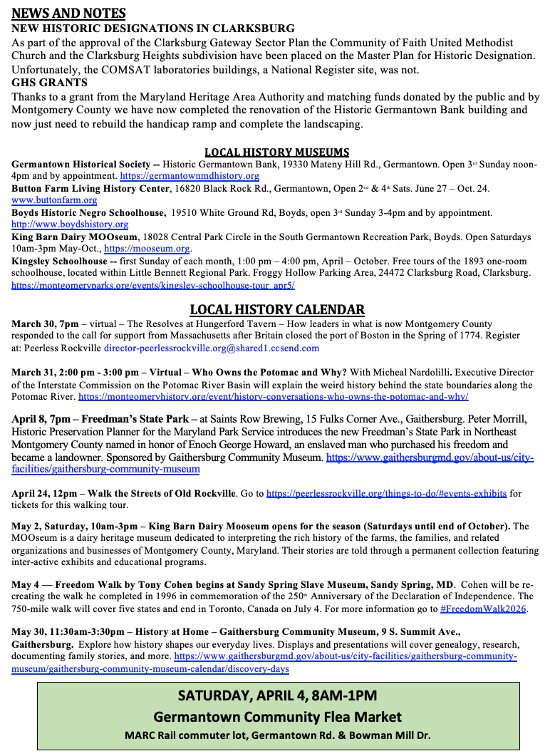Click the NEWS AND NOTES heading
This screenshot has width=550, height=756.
coord(69,14)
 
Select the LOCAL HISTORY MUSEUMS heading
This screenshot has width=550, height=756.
coord(276,152)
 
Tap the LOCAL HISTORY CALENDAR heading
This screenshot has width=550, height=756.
coord(277,309)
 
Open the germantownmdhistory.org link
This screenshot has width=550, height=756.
coord(190,176)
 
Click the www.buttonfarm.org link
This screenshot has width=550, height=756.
coord(54,200)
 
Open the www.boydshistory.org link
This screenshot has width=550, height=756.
coord(70,224)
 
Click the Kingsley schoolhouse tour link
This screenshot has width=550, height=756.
coord(153,285)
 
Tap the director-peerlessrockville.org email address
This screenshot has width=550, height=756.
coord(212,348)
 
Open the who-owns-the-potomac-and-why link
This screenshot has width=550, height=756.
coord(274,396)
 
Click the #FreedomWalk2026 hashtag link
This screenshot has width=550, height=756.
coord(484,609)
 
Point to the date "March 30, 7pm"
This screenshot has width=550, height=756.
coord(45,324)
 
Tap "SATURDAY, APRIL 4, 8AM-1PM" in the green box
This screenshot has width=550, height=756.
coord(277,695)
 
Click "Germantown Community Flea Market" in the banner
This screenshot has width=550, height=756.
coord(277,717)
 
